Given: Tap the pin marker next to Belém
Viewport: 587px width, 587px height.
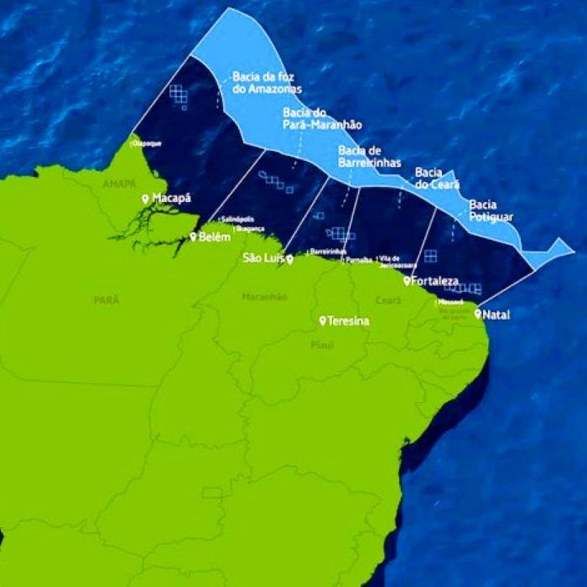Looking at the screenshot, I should pyautogui.click(x=193, y=237).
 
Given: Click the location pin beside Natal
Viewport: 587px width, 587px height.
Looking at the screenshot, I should pyautogui.click(x=478, y=314).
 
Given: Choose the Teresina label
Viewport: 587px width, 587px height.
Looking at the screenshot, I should pyautogui.click(x=348, y=321).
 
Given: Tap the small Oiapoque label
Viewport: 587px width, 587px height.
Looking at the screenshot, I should pyautogui.click(x=147, y=143).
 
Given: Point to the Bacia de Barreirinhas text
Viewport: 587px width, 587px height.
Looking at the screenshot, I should pyautogui.click(x=369, y=156).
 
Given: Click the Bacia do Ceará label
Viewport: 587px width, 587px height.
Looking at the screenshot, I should pyautogui.click(x=434, y=178).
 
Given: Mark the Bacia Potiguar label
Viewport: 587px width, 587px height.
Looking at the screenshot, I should pyautogui.click(x=491, y=210).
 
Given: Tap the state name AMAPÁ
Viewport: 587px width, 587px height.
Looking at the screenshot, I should pyautogui.click(x=118, y=183).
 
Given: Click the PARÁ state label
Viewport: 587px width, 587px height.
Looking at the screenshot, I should pyautogui.click(x=106, y=299).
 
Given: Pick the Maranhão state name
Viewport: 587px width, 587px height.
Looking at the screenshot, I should pyautogui.click(x=264, y=297).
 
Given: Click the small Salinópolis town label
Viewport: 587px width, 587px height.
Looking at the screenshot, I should pyautogui.click(x=237, y=218).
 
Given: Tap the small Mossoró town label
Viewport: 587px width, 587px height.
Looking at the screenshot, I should pyautogui.click(x=450, y=302).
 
